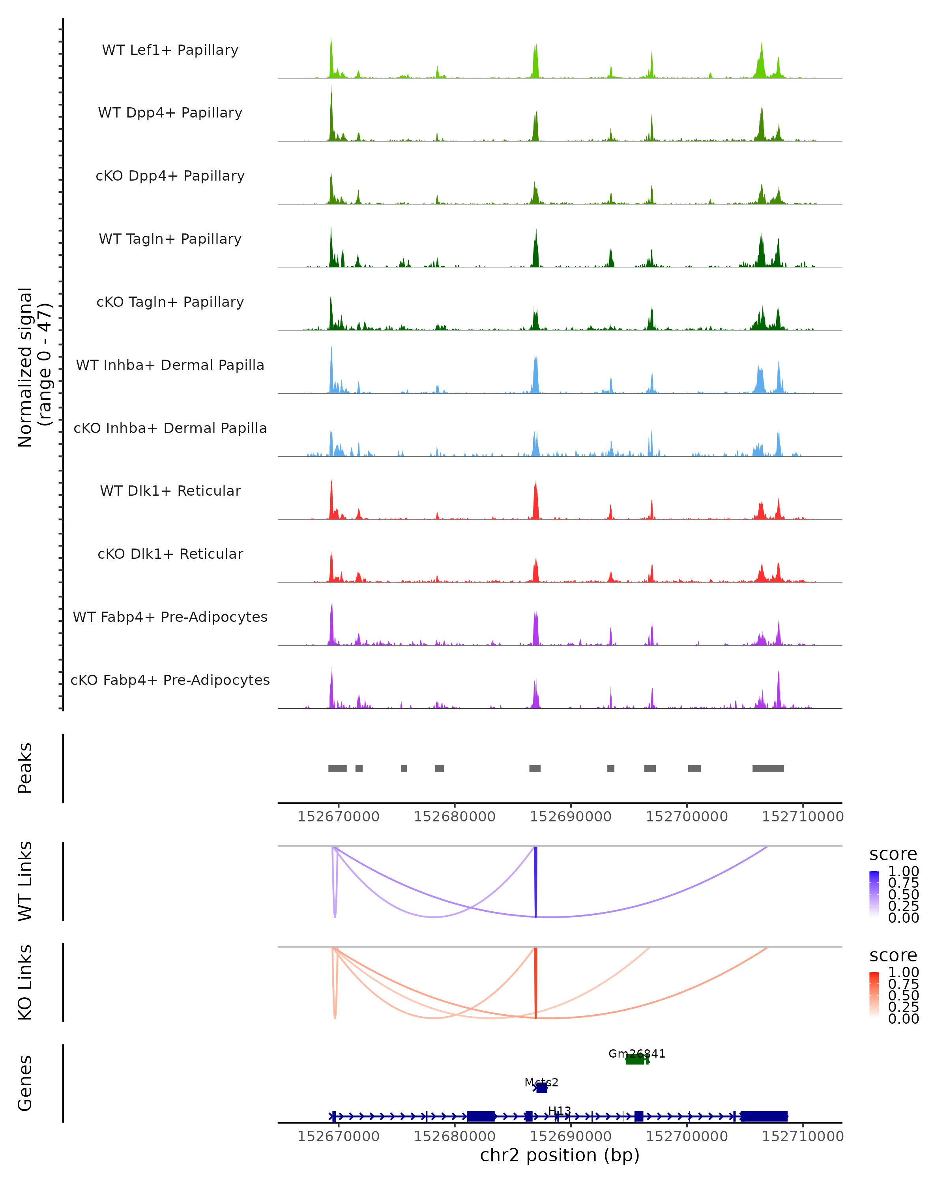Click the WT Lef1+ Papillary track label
(170, 50)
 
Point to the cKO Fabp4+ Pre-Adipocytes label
(170, 680)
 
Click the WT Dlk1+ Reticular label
(170, 491)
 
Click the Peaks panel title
(25, 768)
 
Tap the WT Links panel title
(25, 881)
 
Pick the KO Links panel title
(25, 982)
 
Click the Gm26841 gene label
(636, 1054)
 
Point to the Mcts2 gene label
(541, 1082)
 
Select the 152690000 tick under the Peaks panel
(571, 817)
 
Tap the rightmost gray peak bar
(767, 768)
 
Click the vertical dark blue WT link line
(536, 881)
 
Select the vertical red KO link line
(536, 982)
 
